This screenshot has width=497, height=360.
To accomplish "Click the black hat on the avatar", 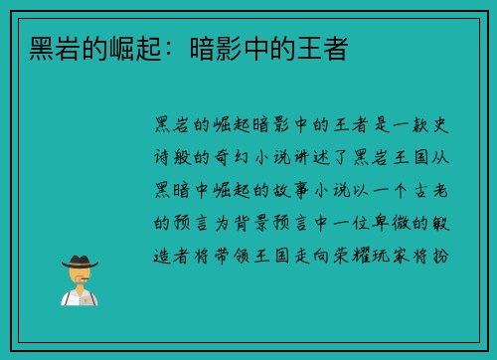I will (80, 262).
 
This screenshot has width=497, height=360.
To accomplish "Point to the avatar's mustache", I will (80, 280).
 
